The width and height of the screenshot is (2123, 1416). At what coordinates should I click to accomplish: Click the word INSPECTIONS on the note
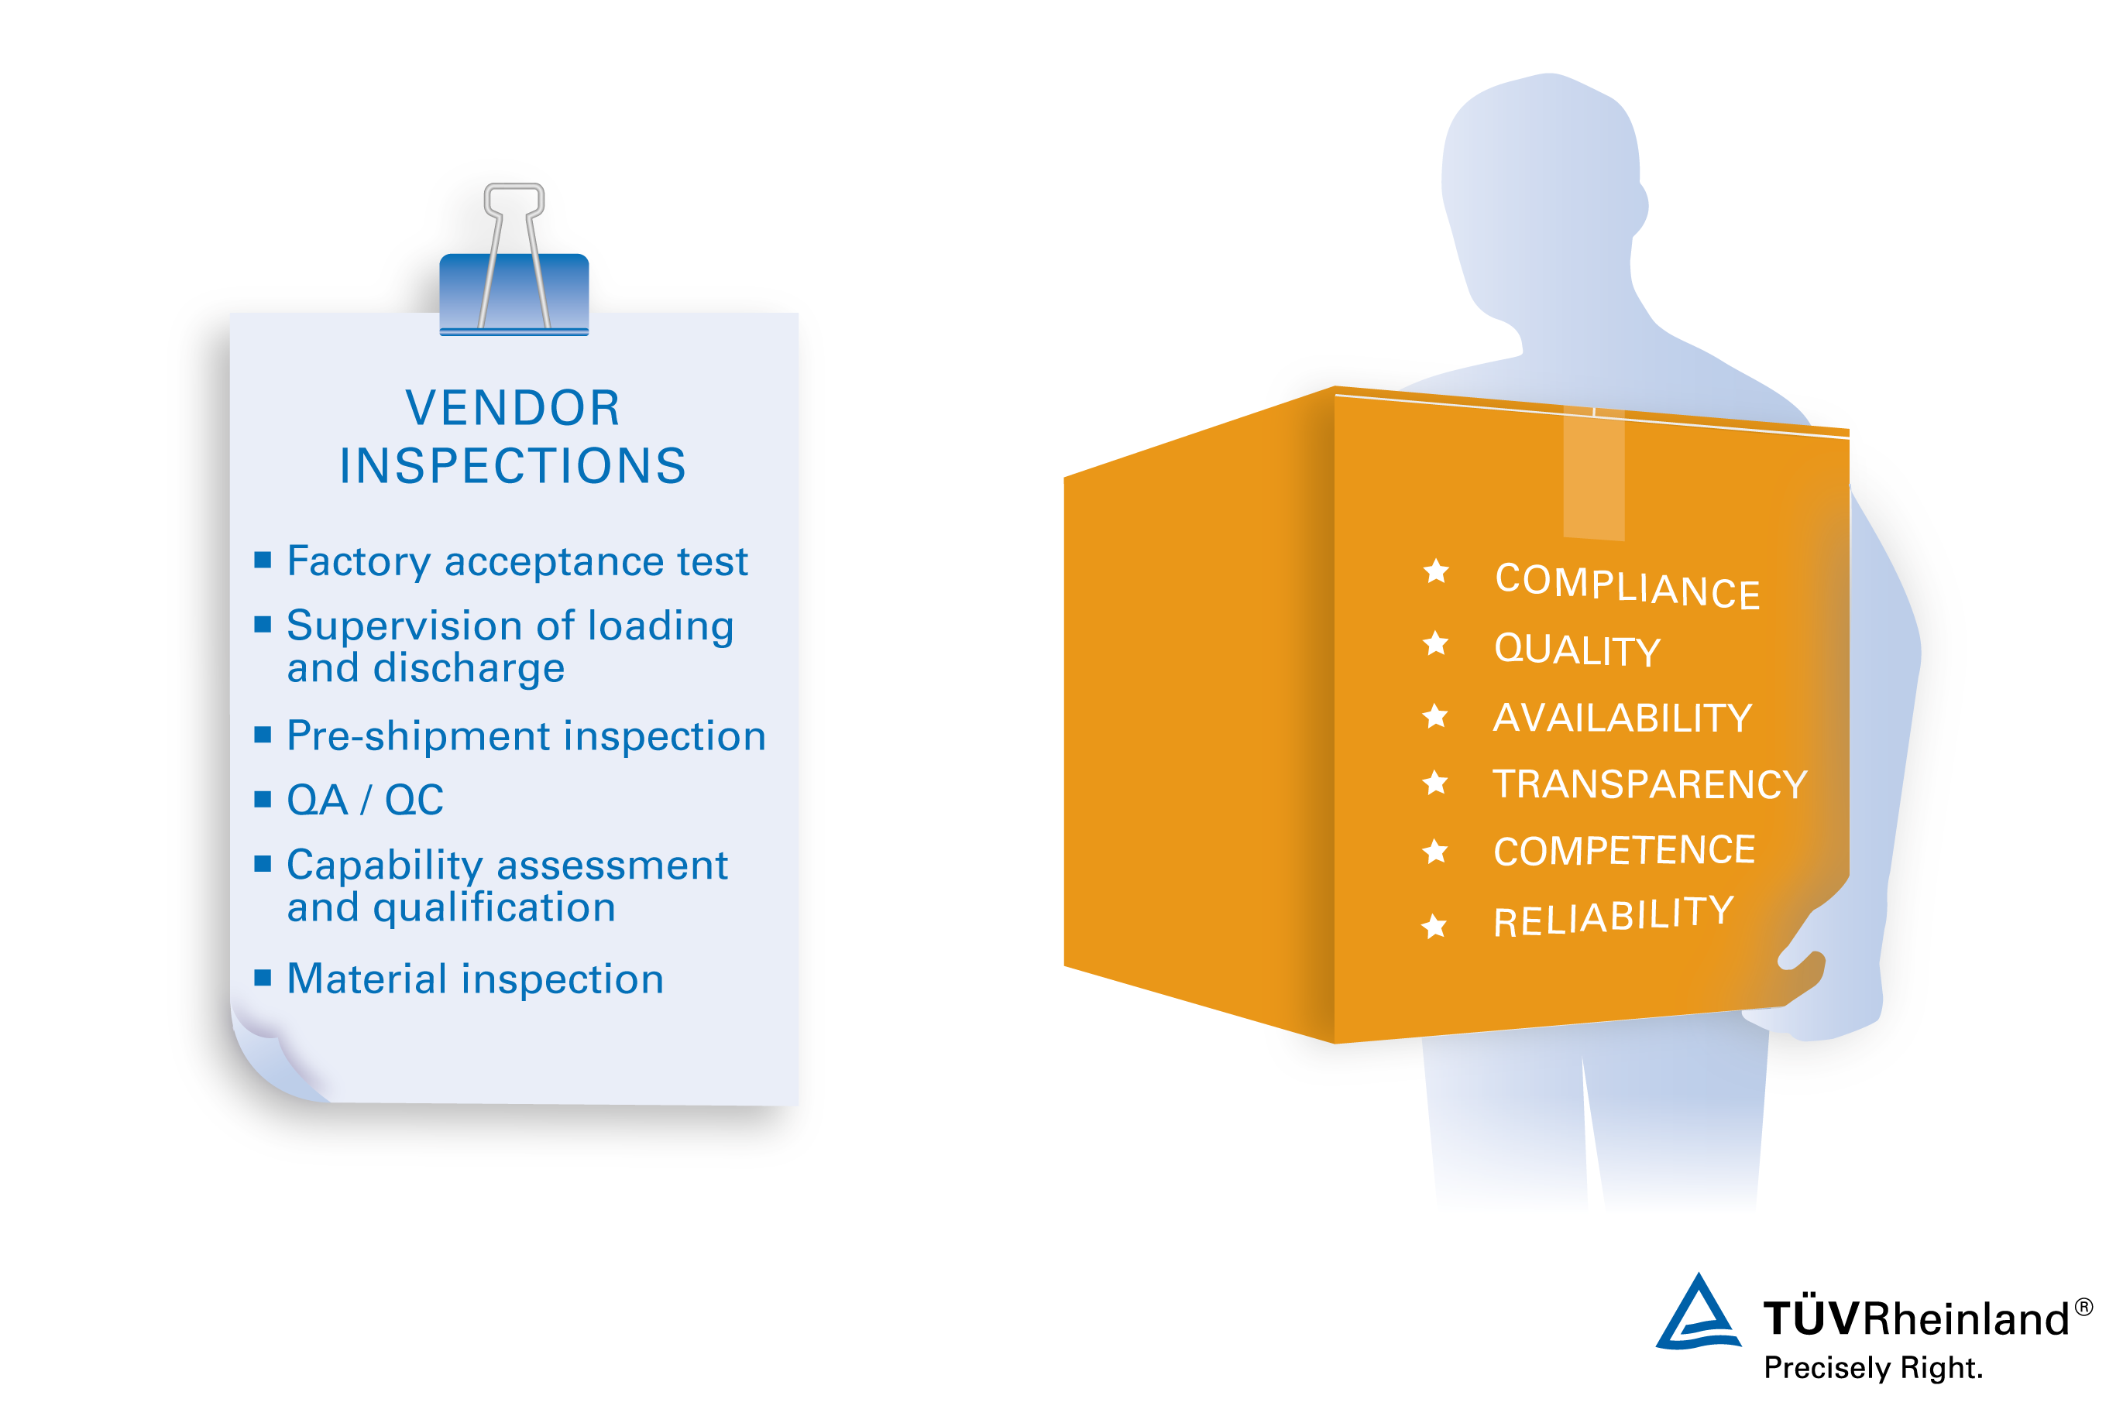[x=514, y=466]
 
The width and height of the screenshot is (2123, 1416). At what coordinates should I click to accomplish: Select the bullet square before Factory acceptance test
[x=263, y=560]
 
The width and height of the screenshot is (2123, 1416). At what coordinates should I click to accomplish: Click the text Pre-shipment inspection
[x=526, y=736]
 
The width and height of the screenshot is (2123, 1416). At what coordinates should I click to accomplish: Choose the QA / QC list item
[x=365, y=800]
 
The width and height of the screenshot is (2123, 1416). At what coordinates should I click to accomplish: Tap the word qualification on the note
[x=494, y=907]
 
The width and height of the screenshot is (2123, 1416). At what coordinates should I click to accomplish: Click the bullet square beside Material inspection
[x=263, y=978]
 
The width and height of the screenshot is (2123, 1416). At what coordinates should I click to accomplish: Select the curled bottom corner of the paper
[x=271, y=1057]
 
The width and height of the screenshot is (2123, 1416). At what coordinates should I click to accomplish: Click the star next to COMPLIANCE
[x=1437, y=571]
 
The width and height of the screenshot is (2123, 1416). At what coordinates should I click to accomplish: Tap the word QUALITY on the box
[x=1578, y=650]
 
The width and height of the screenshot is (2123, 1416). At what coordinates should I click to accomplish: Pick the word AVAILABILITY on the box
[x=1623, y=718]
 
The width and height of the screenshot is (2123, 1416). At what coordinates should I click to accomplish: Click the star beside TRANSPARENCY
[x=1434, y=782]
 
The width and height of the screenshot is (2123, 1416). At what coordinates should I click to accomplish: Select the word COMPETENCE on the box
[x=1624, y=851]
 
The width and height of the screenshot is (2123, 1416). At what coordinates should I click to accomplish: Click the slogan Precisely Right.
[x=1873, y=1368]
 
